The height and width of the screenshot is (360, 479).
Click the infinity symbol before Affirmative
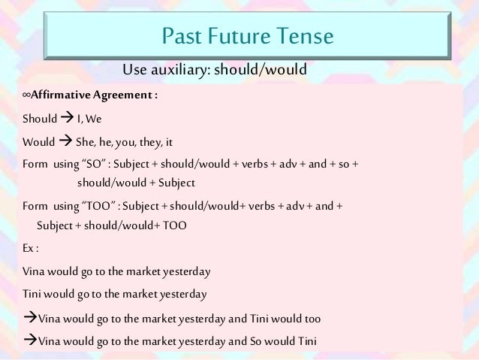coord(27,97)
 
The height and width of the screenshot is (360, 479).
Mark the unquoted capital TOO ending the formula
coord(173,225)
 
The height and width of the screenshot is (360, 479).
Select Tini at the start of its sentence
coord(33,294)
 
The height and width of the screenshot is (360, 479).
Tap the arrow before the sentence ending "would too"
coord(30,318)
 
